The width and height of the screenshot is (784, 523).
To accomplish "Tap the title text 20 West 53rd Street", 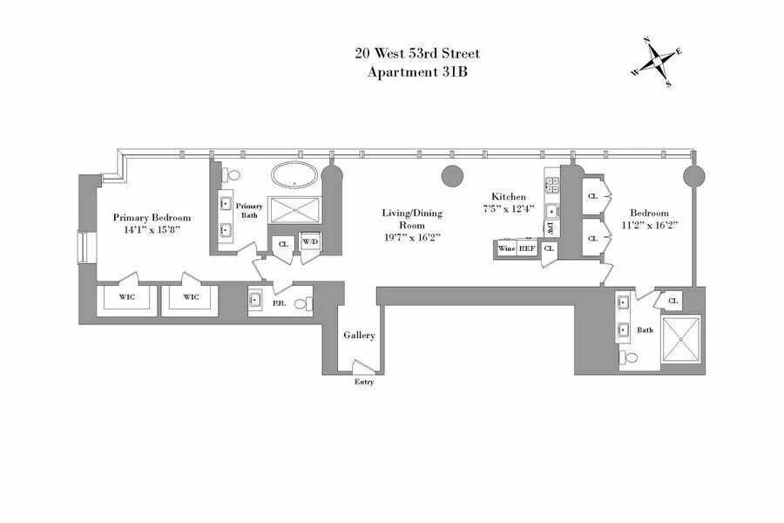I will point(417,54).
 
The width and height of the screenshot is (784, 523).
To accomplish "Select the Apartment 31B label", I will point(417,72).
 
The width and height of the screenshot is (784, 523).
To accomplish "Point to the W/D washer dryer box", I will point(310,243).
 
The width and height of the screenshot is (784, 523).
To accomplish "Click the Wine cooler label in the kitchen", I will point(506,248).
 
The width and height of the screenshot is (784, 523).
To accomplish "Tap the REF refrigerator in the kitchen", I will point(527,248).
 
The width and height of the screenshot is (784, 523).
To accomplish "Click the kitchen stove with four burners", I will point(551,184).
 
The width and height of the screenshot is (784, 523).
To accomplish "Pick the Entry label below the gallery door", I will point(363,383).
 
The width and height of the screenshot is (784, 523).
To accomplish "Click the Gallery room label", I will point(359,335).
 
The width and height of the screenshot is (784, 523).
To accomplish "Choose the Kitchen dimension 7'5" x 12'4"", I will point(509,209).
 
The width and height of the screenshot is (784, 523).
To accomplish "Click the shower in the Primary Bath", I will point(294,212).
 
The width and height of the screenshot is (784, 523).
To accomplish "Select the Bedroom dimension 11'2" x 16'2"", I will point(650,225).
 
